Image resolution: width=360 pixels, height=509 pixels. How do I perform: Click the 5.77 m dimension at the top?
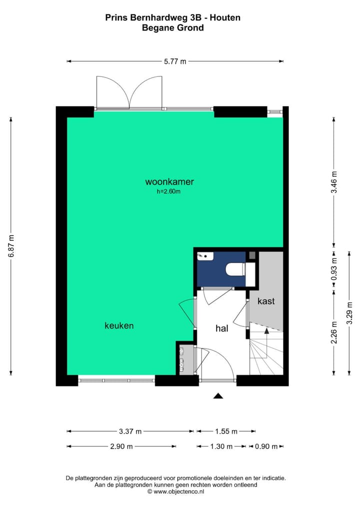pyautogui.click(x=175, y=61)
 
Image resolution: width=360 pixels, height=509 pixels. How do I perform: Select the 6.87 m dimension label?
pyautogui.click(x=11, y=245)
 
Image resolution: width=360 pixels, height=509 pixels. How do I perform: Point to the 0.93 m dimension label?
pyautogui.click(x=334, y=267)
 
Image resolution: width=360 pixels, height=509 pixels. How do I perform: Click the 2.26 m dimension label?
pyautogui.click(x=334, y=331)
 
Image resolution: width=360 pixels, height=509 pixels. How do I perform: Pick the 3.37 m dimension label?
pyautogui.click(x=130, y=431)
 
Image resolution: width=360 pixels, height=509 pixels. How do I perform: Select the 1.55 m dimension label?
pyautogui.click(x=225, y=431)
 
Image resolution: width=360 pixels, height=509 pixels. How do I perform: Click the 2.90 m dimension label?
pyautogui.click(x=122, y=446)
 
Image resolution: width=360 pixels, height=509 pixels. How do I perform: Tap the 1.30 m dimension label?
pyautogui.click(x=221, y=446)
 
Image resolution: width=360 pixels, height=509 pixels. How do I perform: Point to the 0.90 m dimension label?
pyautogui.click(x=266, y=446)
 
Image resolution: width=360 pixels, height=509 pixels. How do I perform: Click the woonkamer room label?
pyautogui.click(x=169, y=181)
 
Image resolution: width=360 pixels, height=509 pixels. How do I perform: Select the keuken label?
pyautogui.click(x=119, y=325)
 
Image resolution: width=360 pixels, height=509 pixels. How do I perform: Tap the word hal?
pyautogui.click(x=222, y=328)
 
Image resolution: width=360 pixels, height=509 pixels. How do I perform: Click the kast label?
pyautogui.click(x=266, y=301)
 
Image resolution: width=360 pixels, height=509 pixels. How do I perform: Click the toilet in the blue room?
pyautogui.click(x=236, y=270)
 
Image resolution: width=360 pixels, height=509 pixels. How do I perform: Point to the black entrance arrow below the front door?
pyautogui.click(x=217, y=396)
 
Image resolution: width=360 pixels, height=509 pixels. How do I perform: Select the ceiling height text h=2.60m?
pyautogui.click(x=169, y=191)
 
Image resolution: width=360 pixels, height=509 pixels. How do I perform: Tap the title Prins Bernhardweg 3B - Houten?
pyautogui.click(x=172, y=17)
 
